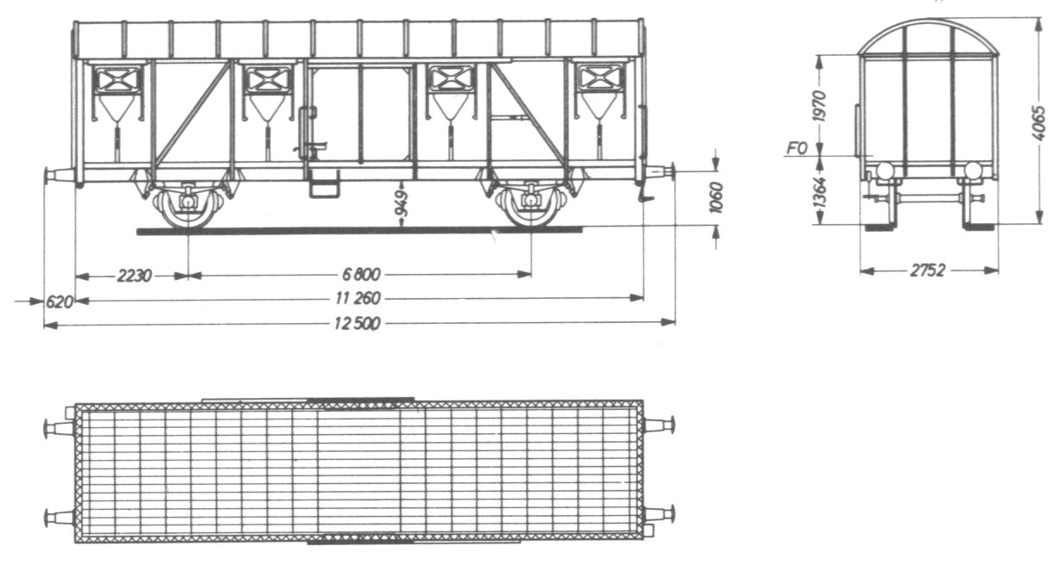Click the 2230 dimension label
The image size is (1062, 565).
(134, 275)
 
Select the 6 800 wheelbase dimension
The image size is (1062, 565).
(361, 274)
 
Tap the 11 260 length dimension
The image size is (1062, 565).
(358, 298)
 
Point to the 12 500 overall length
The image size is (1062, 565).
(357, 324)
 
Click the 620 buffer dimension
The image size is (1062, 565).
(59, 301)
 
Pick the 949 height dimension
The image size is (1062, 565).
(402, 203)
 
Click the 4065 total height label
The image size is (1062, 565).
(1038, 123)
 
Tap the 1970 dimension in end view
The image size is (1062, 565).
(820, 106)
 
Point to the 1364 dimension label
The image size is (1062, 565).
(820, 192)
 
